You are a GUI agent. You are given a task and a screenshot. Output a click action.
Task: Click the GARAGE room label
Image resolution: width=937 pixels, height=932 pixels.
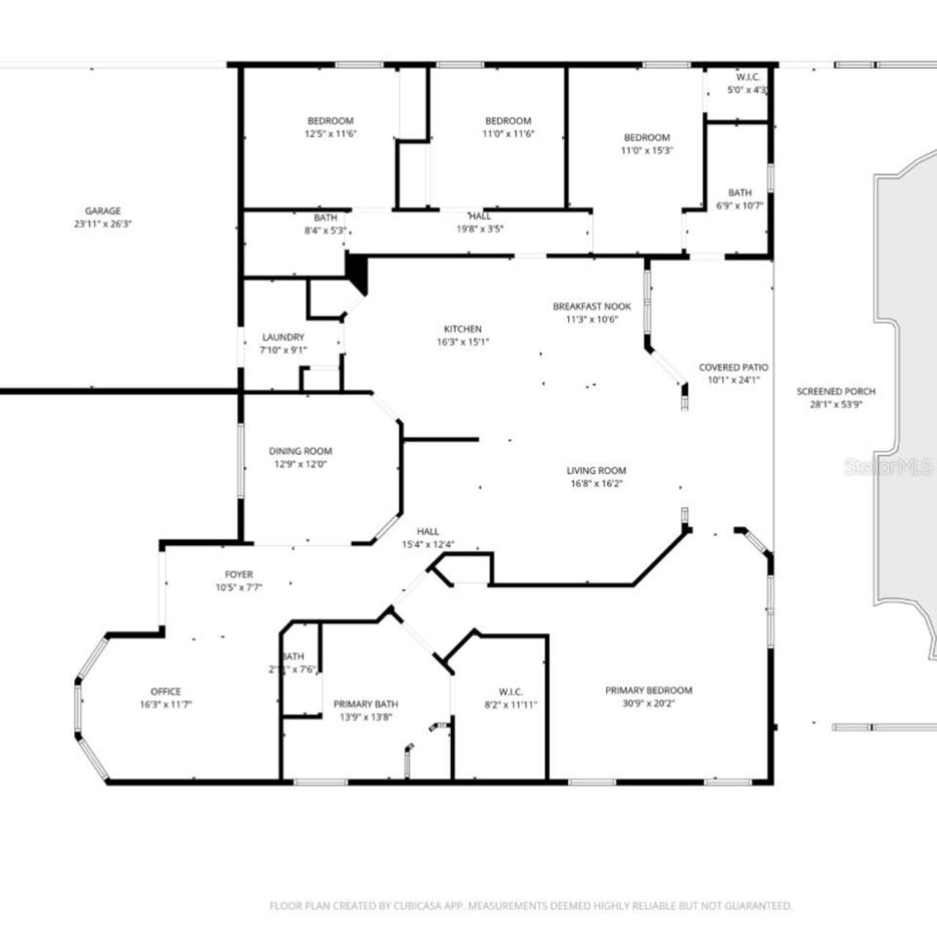[x=102, y=211]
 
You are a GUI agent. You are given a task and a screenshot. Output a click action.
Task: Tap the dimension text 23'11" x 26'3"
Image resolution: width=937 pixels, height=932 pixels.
[x=102, y=224]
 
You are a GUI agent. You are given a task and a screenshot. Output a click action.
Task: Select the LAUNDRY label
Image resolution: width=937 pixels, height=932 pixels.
[x=283, y=337]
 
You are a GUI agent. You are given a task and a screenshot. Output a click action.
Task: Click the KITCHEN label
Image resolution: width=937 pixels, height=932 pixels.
[x=463, y=329]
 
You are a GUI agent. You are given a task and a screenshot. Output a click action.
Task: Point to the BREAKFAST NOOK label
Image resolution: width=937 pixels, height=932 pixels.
[x=591, y=306]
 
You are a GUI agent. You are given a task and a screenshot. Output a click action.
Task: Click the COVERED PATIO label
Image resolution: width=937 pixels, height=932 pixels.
[x=733, y=367]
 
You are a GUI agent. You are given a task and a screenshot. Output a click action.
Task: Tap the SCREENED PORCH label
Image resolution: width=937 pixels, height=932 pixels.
[x=836, y=391]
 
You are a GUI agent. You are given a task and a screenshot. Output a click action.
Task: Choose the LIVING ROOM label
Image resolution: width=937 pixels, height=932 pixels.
[x=596, y=470]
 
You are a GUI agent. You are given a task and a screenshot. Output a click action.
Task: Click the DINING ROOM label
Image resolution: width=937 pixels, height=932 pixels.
[x=300, y=451]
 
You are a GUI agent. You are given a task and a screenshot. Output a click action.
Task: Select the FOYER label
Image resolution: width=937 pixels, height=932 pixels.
[x=239, y=574]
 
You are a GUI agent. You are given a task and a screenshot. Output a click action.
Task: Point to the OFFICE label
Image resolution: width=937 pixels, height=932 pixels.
[x=165, y=691]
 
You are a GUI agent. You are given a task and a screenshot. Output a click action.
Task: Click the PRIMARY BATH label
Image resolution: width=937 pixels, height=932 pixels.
[x=365, y=704]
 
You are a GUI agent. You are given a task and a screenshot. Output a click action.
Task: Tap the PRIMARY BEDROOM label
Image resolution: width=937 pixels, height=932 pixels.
[x=649, y=690]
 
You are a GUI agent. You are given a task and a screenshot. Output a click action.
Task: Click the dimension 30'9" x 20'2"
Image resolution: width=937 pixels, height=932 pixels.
[x=649, y=703]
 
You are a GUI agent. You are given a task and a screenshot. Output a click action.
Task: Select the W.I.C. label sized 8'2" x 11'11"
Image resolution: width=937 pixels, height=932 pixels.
[x=510, y=692]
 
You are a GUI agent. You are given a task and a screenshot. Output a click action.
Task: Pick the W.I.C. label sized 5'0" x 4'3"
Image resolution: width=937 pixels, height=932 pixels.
[x=747, y=77]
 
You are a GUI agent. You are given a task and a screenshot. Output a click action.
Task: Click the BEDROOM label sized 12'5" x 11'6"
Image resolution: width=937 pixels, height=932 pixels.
[x=330, y=121]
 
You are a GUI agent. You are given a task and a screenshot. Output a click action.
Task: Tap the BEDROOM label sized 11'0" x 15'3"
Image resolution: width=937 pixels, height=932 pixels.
[x=646, y=137]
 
